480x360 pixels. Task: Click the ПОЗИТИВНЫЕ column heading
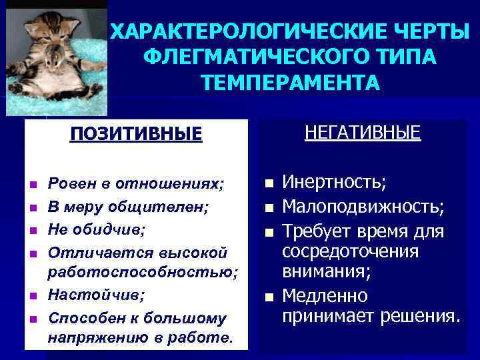(x=136, y=134)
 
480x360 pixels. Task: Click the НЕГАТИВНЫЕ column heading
(x=363, y=132)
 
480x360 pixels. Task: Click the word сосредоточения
(x=351, y=252)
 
